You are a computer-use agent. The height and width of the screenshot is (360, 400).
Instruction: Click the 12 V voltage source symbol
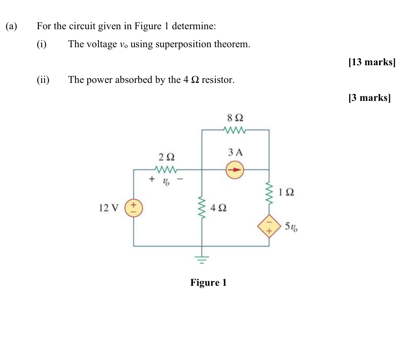(134, 209)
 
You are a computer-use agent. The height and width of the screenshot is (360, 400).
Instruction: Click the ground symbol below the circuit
(202, 259)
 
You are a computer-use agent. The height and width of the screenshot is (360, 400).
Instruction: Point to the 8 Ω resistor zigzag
(235, 130)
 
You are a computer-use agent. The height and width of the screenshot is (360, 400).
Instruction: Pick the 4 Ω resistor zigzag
(201, 208)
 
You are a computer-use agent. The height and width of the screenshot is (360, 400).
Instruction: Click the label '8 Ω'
(235, 118)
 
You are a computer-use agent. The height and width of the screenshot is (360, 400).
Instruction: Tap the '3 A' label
(235, 152)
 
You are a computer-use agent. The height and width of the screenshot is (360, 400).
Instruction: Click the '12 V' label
(108, 208)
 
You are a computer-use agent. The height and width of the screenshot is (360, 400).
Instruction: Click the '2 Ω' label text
(166, 157)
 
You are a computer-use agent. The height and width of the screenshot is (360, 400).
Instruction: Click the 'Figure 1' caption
(208, 283)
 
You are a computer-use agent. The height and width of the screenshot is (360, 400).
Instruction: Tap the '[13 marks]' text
(372, 62)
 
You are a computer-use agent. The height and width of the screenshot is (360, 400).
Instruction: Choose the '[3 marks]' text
(369, 98)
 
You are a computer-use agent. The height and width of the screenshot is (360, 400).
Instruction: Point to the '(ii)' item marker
(43, 80)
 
